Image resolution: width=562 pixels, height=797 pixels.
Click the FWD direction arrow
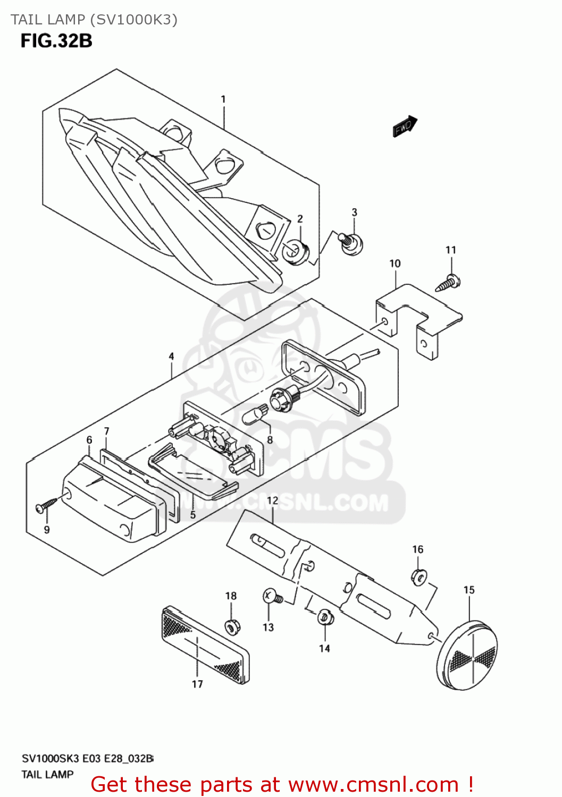click(405, 126)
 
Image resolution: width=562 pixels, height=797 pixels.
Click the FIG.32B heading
click(56, 41)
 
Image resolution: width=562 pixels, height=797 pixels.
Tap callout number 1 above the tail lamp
click(223, 99)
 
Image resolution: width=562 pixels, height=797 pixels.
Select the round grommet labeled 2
click(297, 251)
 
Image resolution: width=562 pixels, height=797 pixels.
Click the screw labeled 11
click(448, 283)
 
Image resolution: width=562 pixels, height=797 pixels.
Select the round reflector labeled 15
click(467, 655)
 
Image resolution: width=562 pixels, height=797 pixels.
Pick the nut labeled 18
click(231, 627)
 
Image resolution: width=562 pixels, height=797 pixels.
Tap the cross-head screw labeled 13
click(272, 598)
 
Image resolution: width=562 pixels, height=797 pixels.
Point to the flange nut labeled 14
click(324, 617)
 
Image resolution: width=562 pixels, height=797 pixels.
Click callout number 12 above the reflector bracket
click(272, 501)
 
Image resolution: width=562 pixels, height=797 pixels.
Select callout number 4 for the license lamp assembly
click(171, 357)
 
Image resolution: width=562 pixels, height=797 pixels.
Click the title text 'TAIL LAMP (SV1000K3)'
click(94, 20)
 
